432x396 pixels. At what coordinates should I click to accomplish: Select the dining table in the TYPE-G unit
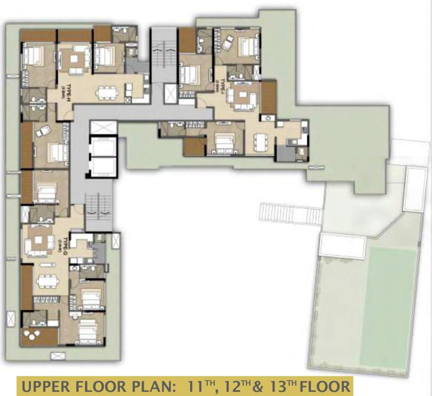[48, 280]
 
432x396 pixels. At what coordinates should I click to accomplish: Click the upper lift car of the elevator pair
[103, 147]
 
